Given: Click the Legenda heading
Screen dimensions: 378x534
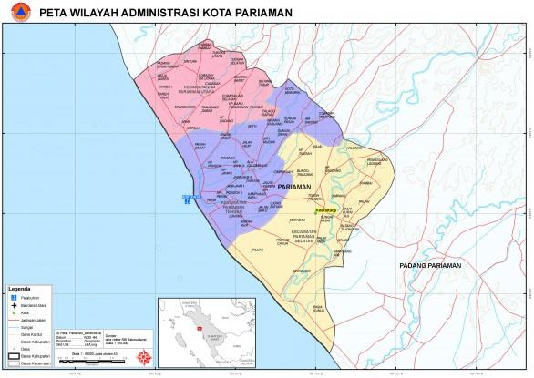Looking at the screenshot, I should (20, 287).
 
